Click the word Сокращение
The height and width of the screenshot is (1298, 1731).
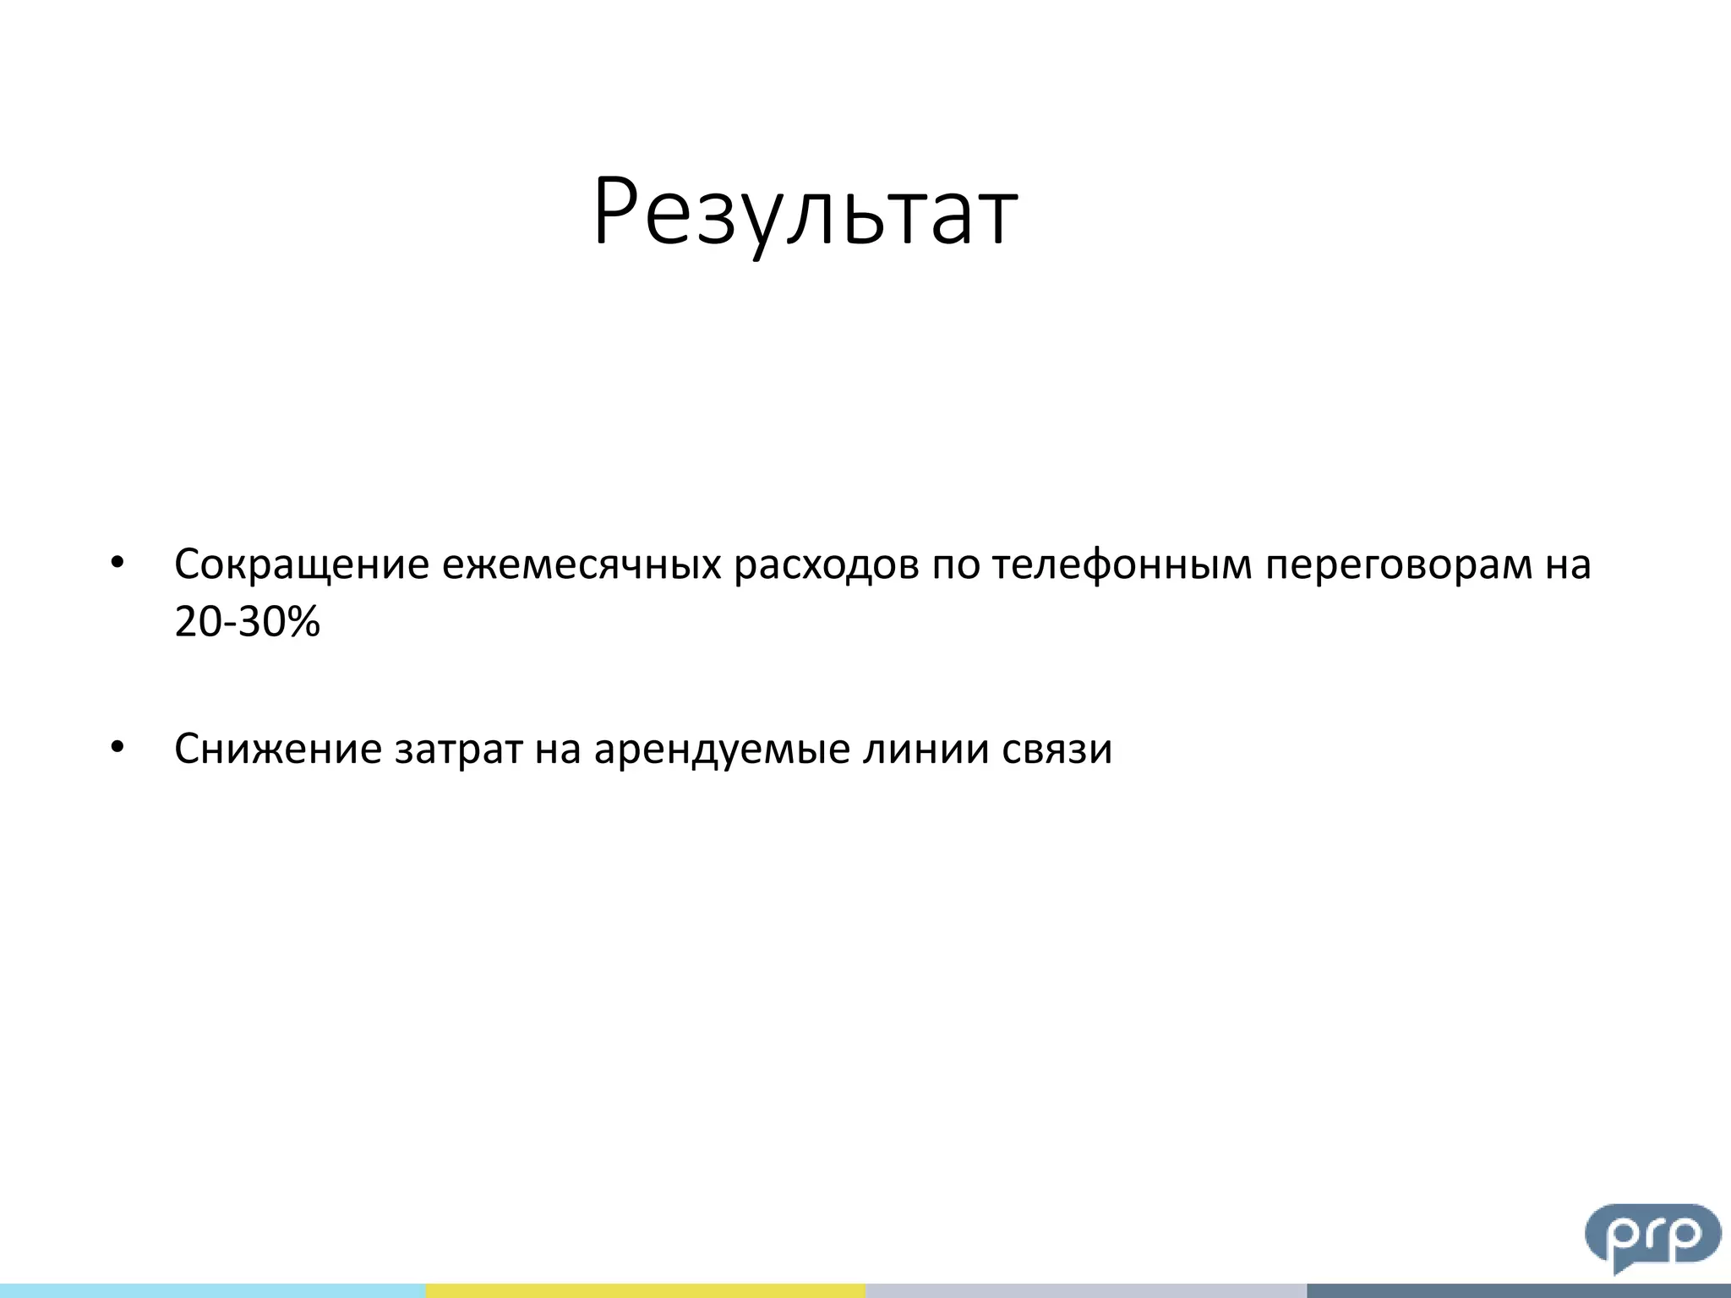pos(302,564)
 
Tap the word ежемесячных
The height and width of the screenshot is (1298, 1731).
pos(582,564)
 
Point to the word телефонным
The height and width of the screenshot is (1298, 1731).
pos(1122,564)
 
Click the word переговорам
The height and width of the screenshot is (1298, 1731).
pos(1398,566)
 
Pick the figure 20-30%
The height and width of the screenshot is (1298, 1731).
pos(247,622)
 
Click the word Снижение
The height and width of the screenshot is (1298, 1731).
pos(278,749)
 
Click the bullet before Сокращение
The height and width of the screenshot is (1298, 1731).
pos(117,563)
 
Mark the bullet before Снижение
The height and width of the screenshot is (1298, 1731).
pos(117,747)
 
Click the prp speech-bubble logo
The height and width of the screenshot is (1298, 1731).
pos(1652,1235)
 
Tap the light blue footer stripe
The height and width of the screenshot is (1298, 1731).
pos(211,1290)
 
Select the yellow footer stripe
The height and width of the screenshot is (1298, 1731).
pos(646,1290)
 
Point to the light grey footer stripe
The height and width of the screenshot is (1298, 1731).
pos(1085,1290)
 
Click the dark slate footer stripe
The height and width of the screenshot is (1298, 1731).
pos(1518,1290)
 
